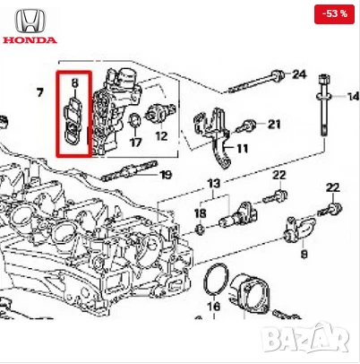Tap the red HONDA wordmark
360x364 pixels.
(29, 40)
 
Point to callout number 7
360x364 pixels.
(39, 92)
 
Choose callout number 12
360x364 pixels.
(161, 136)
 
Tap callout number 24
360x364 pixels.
(299, 74)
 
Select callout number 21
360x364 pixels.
(274, 123)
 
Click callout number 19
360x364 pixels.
(166, 174)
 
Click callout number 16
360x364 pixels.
(213, 306)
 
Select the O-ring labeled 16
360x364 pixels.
(215, 279)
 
